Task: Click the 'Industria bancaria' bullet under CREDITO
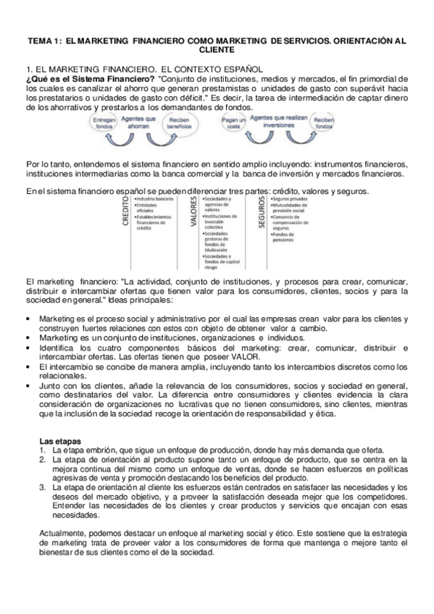153,198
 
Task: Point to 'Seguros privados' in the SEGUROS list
287,198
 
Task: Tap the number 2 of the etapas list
44,458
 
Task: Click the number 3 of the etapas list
44,488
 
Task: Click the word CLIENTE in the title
217,51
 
